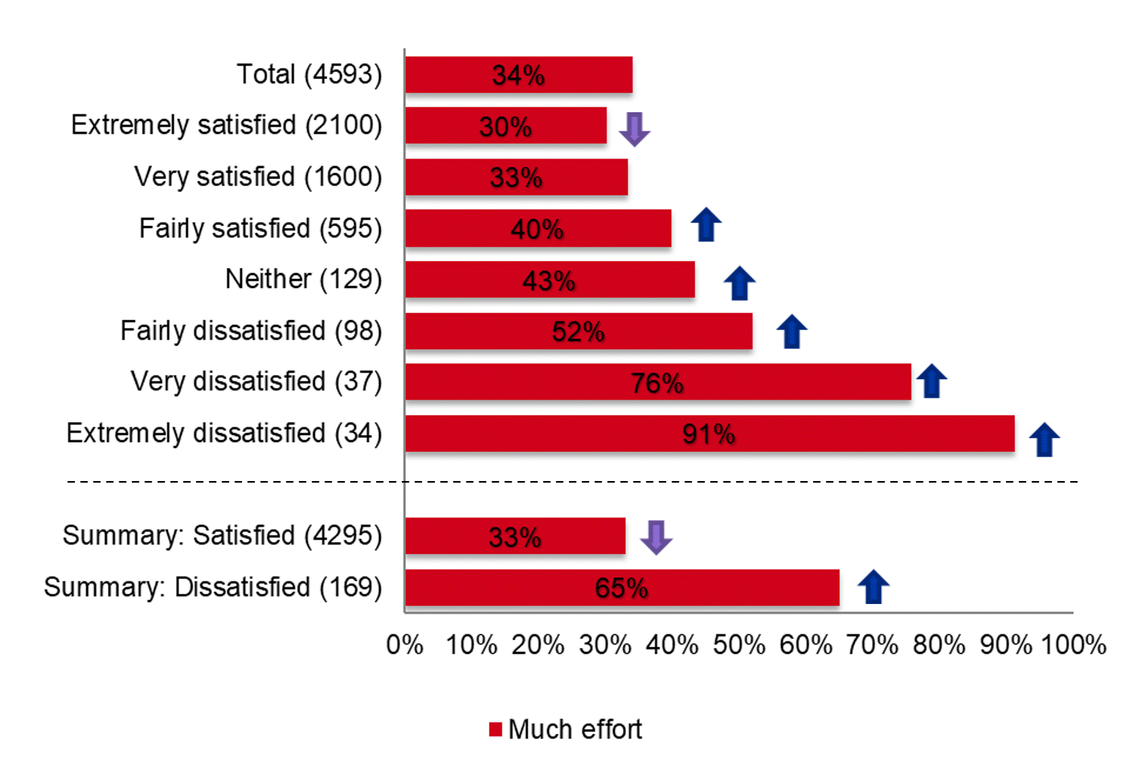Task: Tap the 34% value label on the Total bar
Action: click(x=518, y=75)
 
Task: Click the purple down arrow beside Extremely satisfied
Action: click(x=634, y=129)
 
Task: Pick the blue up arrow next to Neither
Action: click(x=739, y=283)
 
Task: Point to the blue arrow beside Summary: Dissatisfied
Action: click(x=873, y=587)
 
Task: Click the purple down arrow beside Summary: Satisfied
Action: click(x=656, y=537)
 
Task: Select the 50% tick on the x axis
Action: click(x=739, y=645)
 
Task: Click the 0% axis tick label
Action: click(x=404, y=645)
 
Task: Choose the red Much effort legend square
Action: click(x=495, y=730)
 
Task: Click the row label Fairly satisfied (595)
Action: click(x=261, y=229)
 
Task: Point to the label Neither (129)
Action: click(x=303, y=280)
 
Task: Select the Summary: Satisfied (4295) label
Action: click(x=222, y=536)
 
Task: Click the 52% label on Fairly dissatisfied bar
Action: click(x=578, y=332)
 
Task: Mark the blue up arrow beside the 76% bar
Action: click(x=931, y=381)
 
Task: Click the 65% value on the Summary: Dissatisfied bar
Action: click(x=621, y=588)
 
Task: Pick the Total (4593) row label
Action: click(x=309, y=74)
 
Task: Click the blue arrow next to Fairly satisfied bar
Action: click(x=706, y=224)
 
